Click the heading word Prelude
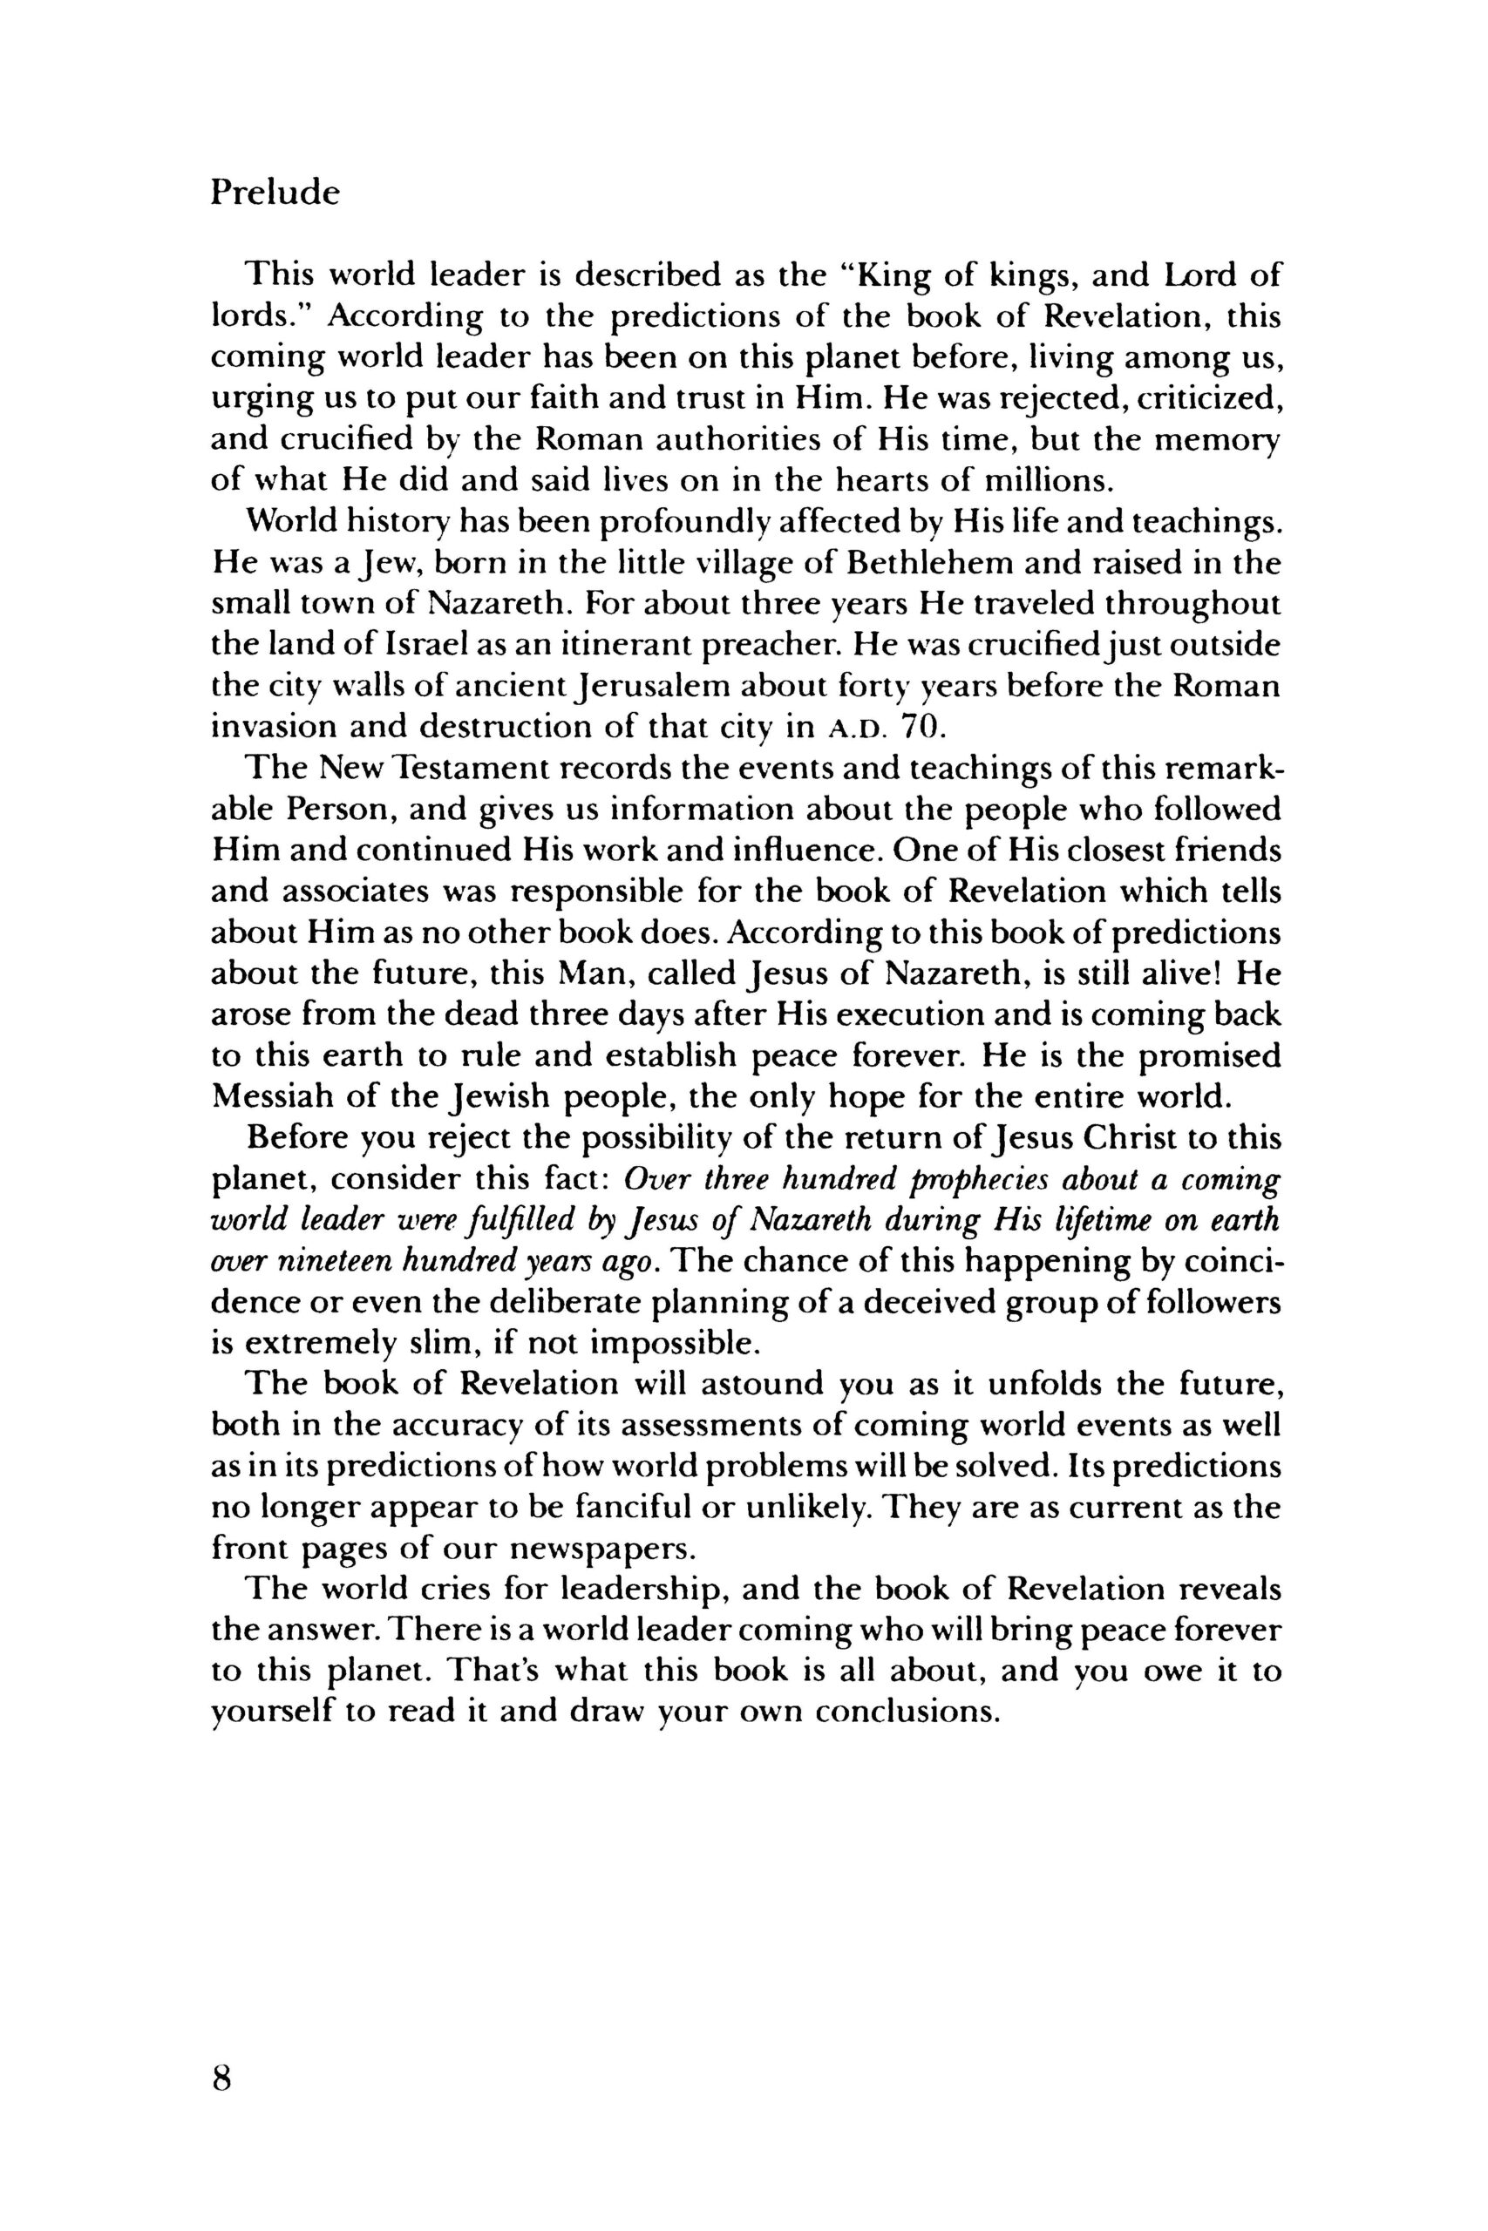click(275, 193)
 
